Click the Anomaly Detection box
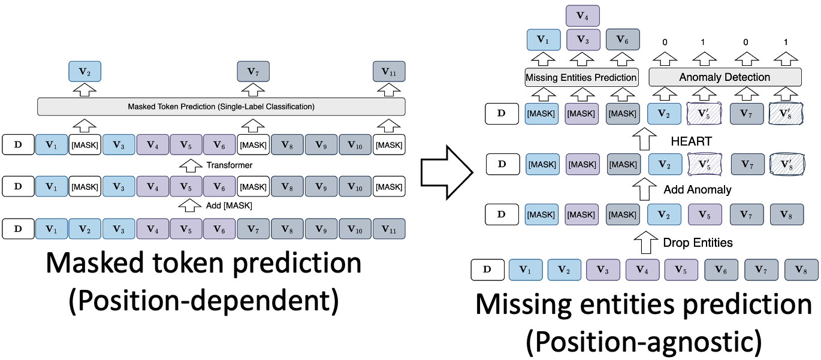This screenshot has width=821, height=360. coord(725,77)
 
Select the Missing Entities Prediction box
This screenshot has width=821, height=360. coord(581,77)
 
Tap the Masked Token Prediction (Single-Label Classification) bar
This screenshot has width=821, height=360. coord(221,107)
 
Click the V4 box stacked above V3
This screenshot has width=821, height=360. coord(582,14)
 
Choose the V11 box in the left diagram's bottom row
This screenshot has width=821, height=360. coord(389,229)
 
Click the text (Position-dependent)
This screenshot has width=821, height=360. coord(204,300)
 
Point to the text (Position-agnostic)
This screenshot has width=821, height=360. coord(644,342)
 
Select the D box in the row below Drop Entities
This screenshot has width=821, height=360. coord(487,270)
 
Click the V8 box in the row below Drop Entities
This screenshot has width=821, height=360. coord(800,270)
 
